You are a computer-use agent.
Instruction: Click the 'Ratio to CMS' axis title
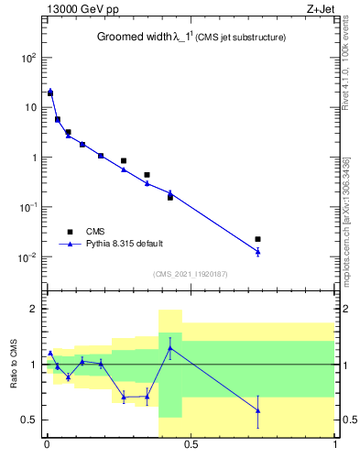15,365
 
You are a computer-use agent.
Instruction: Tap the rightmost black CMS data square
257,239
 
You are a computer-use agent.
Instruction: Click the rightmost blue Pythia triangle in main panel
257,251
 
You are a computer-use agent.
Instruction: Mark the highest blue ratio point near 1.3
169,347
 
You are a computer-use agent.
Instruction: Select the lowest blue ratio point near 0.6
257,410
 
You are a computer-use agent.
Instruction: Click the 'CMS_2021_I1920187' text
190,274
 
